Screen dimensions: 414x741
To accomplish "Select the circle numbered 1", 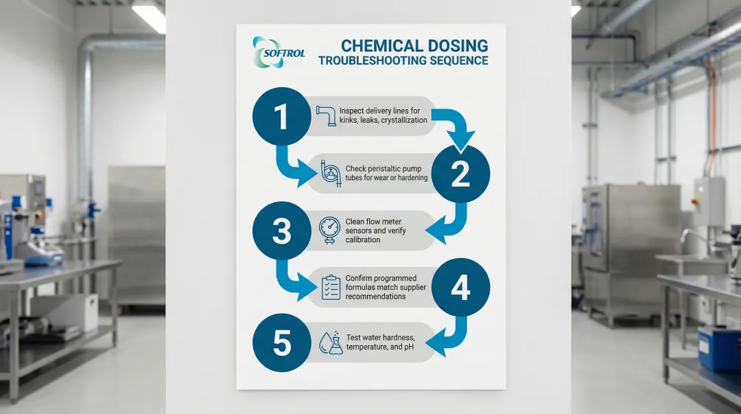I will pyautogui.click(x=281, y=116).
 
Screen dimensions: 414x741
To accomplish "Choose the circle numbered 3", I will pyautogui.click(x=281, y=231).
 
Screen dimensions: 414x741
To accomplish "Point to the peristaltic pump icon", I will pyautogui.click(x=330, y=172).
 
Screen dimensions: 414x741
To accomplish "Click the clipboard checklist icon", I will pyautogui.click(x=331, y=287).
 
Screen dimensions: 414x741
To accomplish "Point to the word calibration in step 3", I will pyautogui.click(x=363, y=240).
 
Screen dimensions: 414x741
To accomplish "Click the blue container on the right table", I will pyautogui.click(x=718, y=348).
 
